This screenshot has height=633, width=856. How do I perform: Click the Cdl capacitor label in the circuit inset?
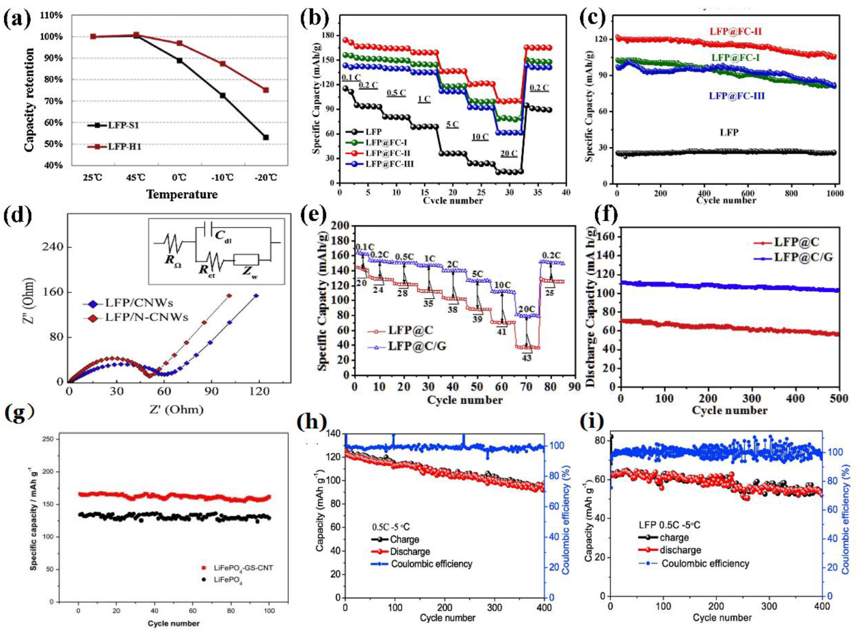pos(223,237)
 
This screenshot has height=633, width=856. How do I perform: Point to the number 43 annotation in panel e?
pos(527,358)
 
